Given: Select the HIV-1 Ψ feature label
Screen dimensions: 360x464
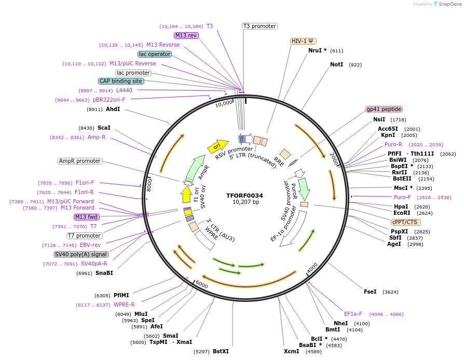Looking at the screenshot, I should coord(303,41).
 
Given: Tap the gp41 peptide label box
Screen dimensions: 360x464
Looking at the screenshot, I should coord(384,109).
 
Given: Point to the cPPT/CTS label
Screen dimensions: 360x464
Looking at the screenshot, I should coord(405,222).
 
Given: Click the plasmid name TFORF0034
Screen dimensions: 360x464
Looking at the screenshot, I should coord(244,196).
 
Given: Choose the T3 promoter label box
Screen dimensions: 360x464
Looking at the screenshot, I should coord(260,26).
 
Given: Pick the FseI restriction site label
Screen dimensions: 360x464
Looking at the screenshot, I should coord(370,292).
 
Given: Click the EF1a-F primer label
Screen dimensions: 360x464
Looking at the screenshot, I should coord(353,314).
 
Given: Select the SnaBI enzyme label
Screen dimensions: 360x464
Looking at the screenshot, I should coord(104,273).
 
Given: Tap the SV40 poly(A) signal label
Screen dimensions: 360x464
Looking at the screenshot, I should coord(81,254).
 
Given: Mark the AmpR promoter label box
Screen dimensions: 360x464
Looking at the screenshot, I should coord(80,161).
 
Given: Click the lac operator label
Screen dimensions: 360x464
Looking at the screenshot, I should coord(155,54).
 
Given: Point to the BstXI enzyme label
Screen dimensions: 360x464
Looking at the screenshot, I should coord(221,351).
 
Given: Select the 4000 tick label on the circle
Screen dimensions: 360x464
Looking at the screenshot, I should coord(312,267).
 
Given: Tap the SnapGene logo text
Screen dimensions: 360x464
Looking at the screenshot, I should coord(449,4).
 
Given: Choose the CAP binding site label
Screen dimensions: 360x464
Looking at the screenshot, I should coord(121,81).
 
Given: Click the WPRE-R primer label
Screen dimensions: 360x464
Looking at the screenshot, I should coord(124,304).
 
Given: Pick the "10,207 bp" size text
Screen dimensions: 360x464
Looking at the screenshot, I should coord(244,202).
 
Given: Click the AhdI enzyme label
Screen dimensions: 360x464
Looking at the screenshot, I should coord(113,109).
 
